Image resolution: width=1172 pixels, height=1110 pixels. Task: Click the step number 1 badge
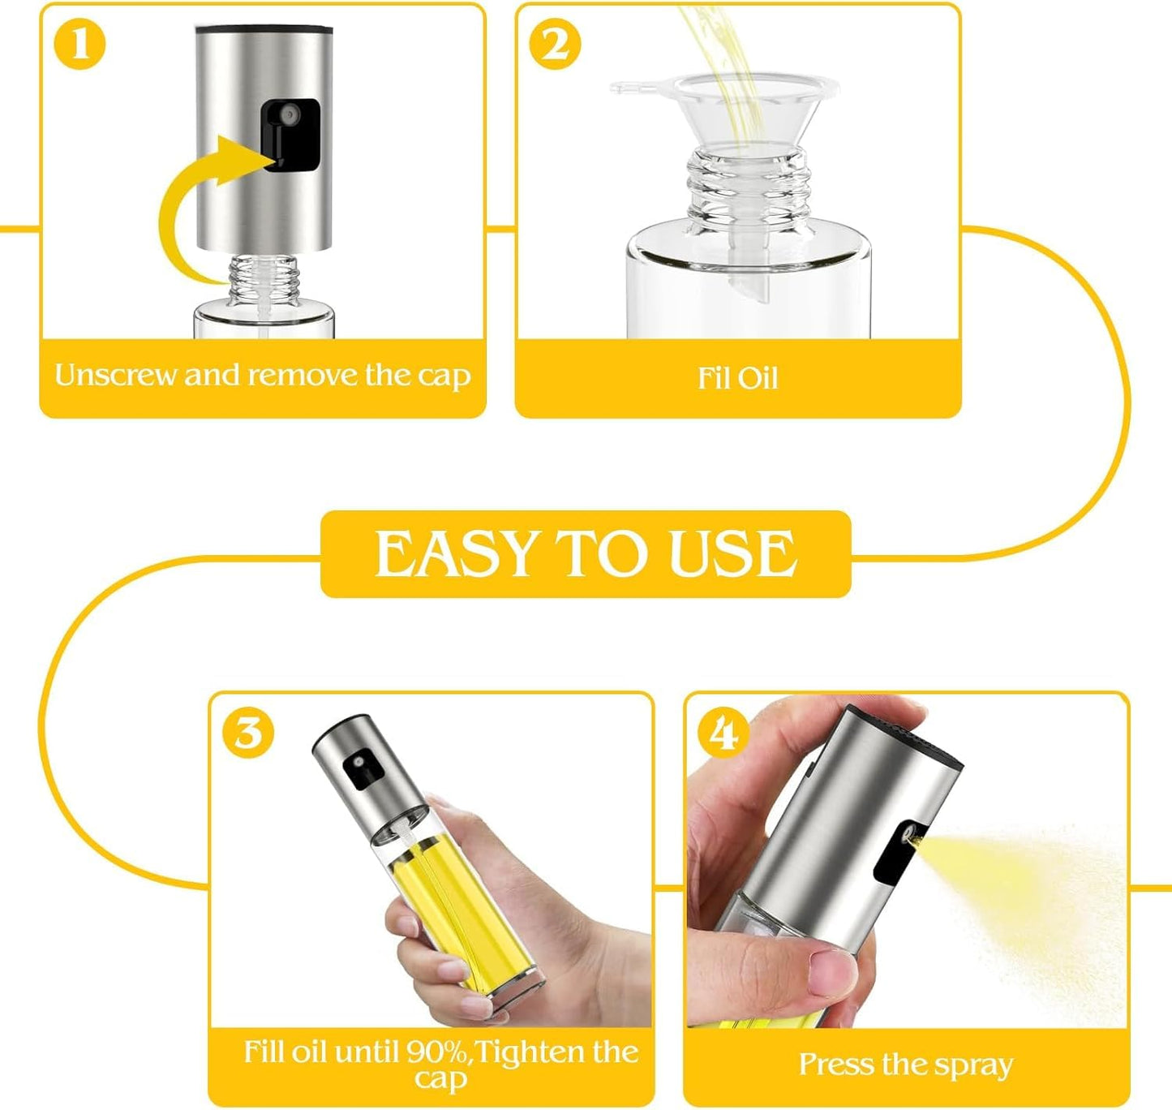tap(79, 45)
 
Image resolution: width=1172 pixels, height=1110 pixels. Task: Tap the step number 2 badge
tap(555, 45)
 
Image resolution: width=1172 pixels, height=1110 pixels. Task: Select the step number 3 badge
tap(248, 733)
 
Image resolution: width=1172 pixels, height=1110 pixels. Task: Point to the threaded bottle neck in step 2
tap(747, 187)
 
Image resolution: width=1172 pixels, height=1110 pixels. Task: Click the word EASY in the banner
tap(457, 555)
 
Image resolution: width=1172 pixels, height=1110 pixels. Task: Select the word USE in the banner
tap(732, 555)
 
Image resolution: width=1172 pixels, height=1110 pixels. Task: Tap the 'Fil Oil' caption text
tap(737, 379)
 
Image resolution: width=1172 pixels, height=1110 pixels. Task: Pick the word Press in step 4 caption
tap(835, 1065)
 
